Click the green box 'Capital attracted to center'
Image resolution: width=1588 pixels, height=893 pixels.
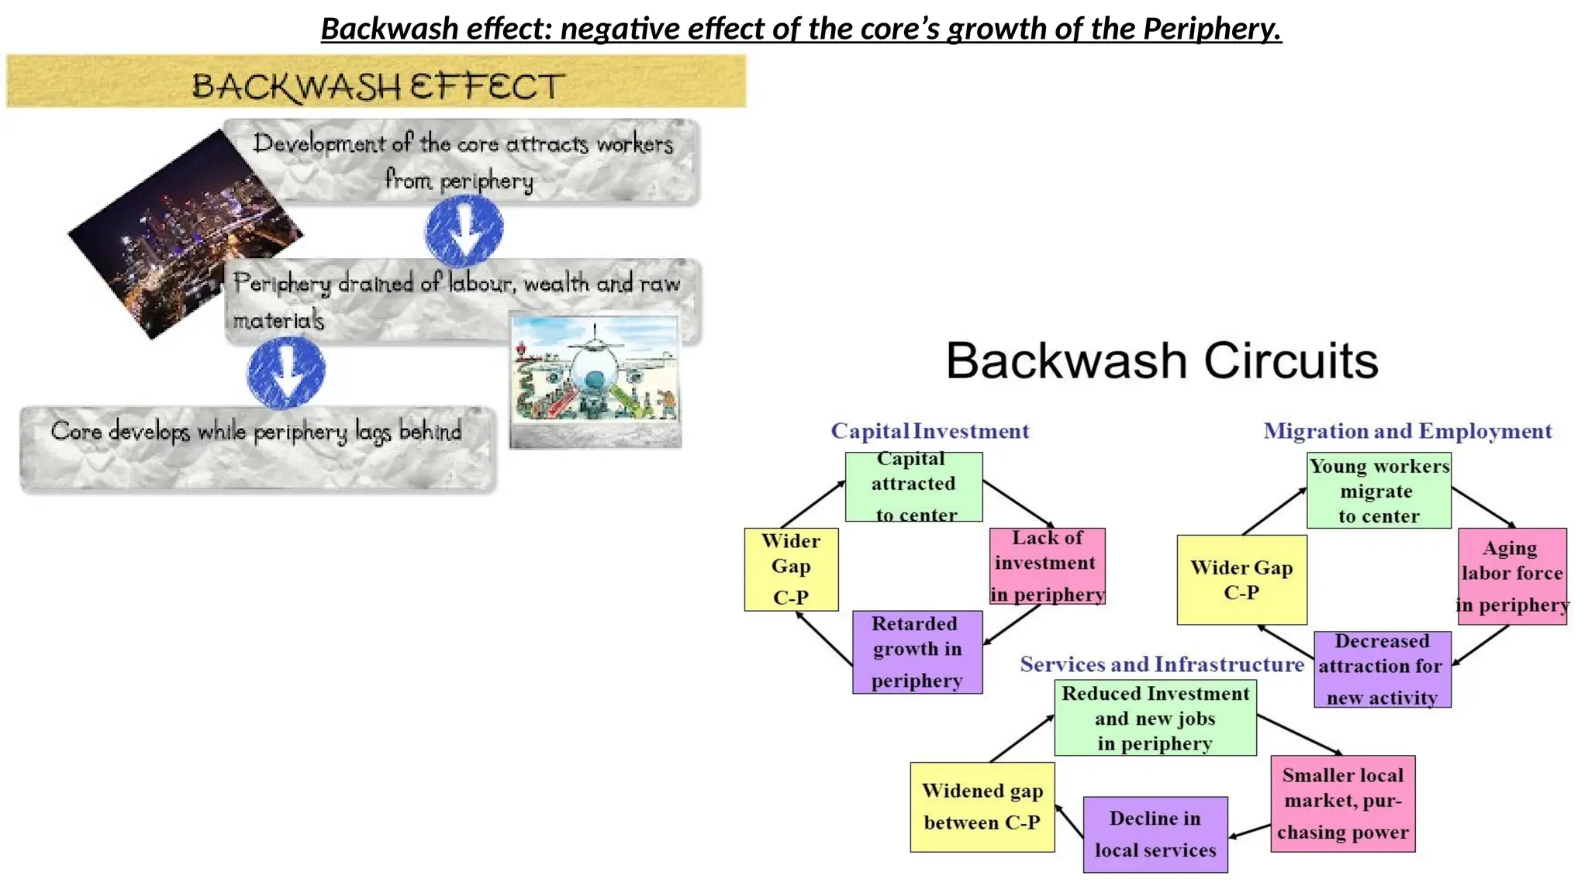pyautogui.click(x=913, y=487)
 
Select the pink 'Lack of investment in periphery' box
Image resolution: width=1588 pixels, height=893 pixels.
pyautogui.click(x=1047, y=566)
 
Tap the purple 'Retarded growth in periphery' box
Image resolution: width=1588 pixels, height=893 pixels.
pyautogui.click(x=917, y=652)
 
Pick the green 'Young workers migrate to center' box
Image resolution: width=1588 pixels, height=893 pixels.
pyautogui.click(x=1379, y=491)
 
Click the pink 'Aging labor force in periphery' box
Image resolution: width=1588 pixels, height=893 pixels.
pyautogui.click(x=1512, y=576)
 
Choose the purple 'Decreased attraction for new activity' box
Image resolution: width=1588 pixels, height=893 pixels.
pyautogui.click(x=1383, y=669)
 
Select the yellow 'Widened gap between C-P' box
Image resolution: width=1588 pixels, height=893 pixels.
pyautogui.click(x=982, y=807)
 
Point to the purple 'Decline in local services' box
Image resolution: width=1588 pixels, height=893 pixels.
pyautogui.click(x=1155, y=834)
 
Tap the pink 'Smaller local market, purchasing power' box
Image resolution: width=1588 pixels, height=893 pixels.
pyautogui.click(x=1343, y=804)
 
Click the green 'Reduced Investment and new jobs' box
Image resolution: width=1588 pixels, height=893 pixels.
pyautogui.click(x=1155, y=718)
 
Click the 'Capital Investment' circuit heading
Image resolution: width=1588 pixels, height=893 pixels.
pyautogui.click(x=930, y=431)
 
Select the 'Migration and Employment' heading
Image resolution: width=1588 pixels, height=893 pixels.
pyautogui.click(x=1407, y=431)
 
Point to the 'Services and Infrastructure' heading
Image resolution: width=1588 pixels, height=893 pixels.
pyautogui.click(x=1162, y=664)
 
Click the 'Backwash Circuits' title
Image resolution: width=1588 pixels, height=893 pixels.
pyautogui.click(x=1162, y=360)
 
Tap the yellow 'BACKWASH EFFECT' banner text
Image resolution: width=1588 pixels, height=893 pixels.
pyautogui.click(x=378, y=85)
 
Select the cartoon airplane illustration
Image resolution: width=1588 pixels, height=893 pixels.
pyautogui.click(x=595, y=380)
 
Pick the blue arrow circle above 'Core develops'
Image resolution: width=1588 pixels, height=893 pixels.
pyautogui.click(x=286, y=372)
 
